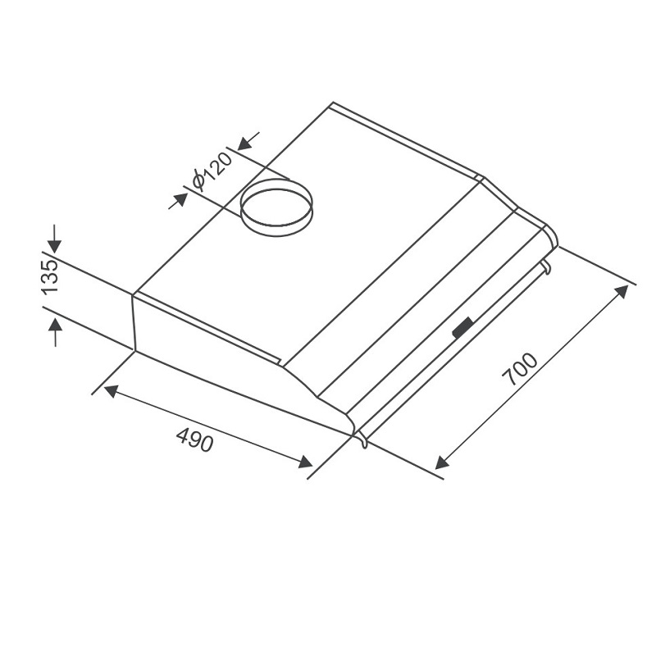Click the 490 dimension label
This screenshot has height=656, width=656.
coord(195,440)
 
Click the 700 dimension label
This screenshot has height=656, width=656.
coord(519,369)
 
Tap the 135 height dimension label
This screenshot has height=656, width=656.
coord(49,277)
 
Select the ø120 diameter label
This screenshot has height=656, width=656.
coord(212,171)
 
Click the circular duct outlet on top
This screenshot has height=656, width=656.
coord(276,207)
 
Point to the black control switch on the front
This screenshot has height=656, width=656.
coord(463,327)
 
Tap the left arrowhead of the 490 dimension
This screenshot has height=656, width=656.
coord(110,392)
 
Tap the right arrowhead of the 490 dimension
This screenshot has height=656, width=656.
coord(305,461)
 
